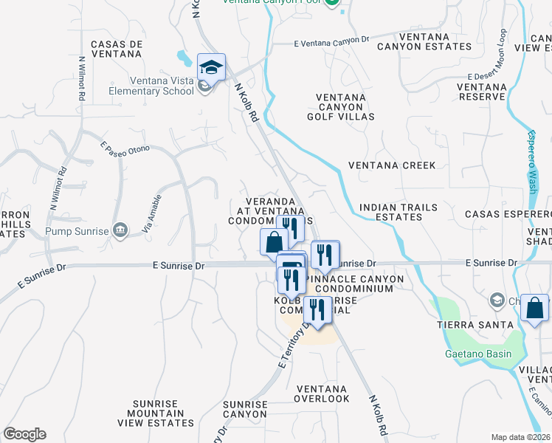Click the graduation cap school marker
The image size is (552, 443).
(212, 67)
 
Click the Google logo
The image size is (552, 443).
(24, 434)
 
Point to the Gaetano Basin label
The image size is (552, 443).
(477, 353)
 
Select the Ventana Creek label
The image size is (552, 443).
(392, 165)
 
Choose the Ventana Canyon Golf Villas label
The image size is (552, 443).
(345, 107)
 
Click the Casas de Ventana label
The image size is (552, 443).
(116, 49)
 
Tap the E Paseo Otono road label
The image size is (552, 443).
(125, 151)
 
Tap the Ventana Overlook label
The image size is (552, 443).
(321, 394)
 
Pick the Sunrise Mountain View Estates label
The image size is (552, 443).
(156, 413)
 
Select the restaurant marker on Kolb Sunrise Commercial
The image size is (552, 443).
(316, 311)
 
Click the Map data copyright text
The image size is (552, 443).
(520, 437)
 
